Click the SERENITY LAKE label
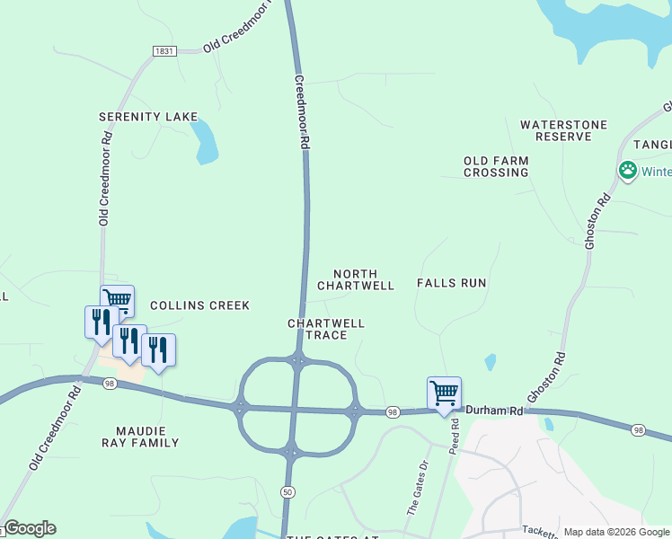pyautogui.click(x=147, y=117)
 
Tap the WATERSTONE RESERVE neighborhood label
pyautogui.click(x=564, y=130)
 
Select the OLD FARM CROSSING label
pyautogui.click(x=496, y=166)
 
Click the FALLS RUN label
pyautogui.click(x=451, y=283)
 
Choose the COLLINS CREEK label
pyautogui.click(x=199, y=305)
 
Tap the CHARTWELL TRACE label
pyautogui.click(x=326, y=329)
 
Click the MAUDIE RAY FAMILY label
pyautogui.click(x=146, y=436)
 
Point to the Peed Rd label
pyautogui.click(x=455, y=434)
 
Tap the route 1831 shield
pyautogui.click(x=164, y=52)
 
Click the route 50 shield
pyautogui.click(x=287, y=491)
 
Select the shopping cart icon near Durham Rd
pyautogui.click(x=444, y=393)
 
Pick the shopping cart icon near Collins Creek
pyautogui.click(x=117, y=299)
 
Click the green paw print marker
pyautogui.click(x=627, y=170)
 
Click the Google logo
pyautogui.click(x=29, y=528)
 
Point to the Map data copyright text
pyautogui.click(x=616, y=532)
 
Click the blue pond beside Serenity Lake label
pyautogui.click(x=206, y=142)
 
